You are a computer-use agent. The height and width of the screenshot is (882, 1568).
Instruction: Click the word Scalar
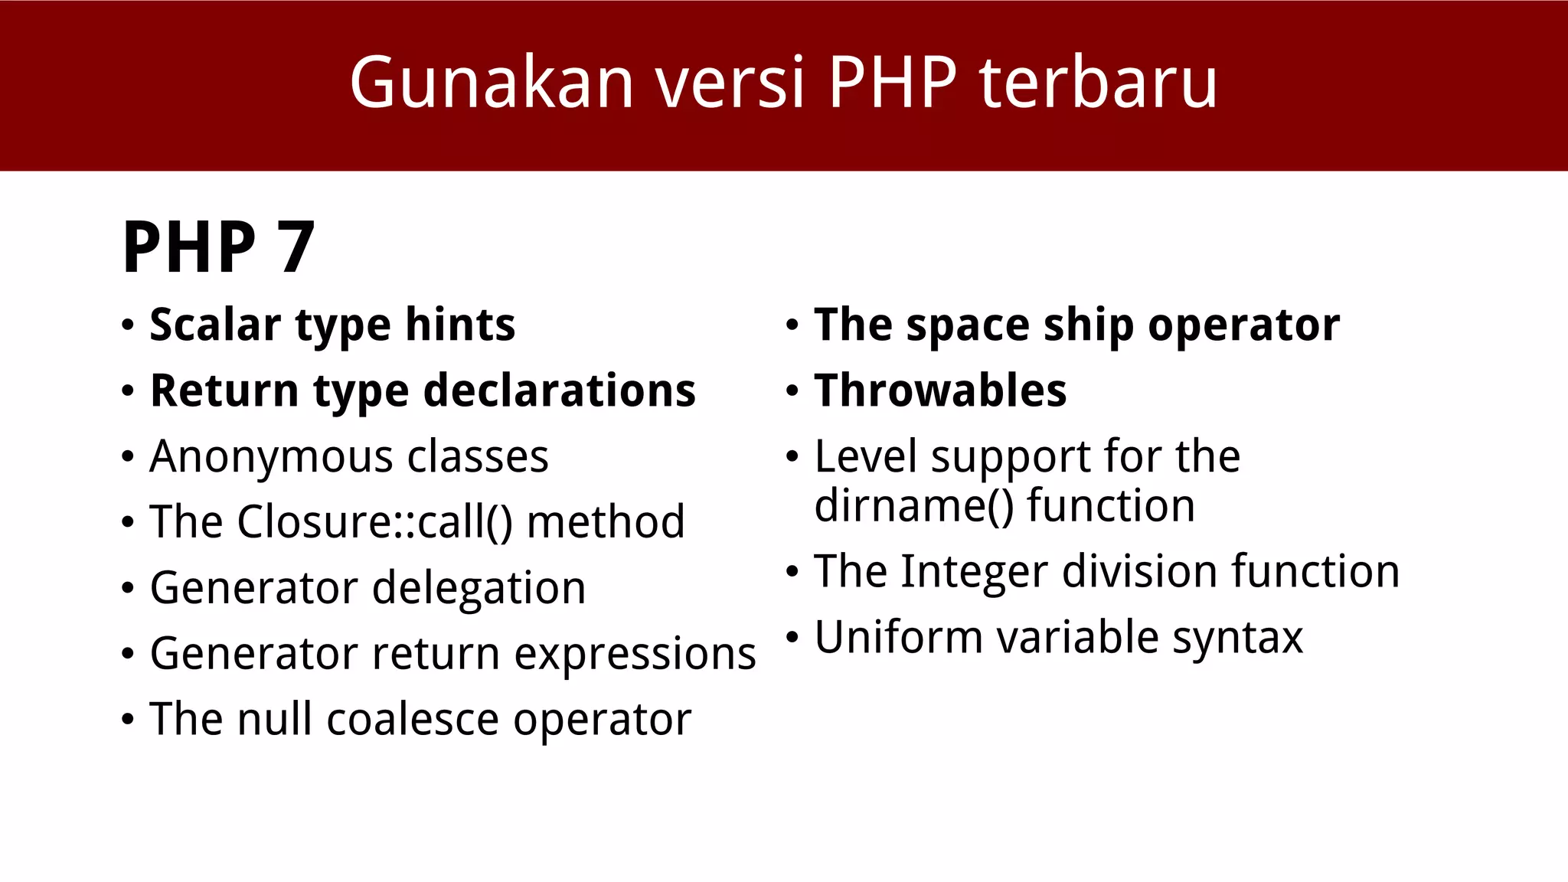(215, 325)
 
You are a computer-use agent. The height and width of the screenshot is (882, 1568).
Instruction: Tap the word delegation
(479, 588)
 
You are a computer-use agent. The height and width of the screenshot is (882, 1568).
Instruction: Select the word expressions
(635, 654)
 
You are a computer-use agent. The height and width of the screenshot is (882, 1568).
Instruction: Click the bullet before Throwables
(792, 392)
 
